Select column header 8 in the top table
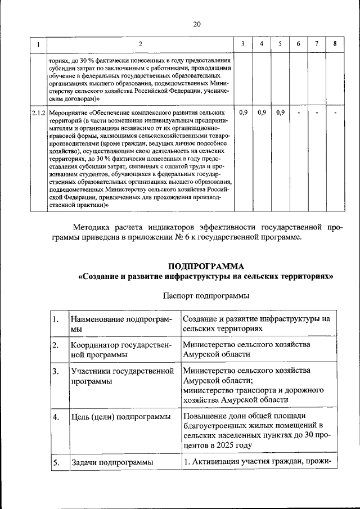point(335,44)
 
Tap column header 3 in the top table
point(242,44)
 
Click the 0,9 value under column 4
point(262,112)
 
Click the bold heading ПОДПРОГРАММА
point(205,265)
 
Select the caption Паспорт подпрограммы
point(206,295)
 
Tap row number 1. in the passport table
point(56,319)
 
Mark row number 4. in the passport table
point(56,417)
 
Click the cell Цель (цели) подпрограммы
point(120,417)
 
